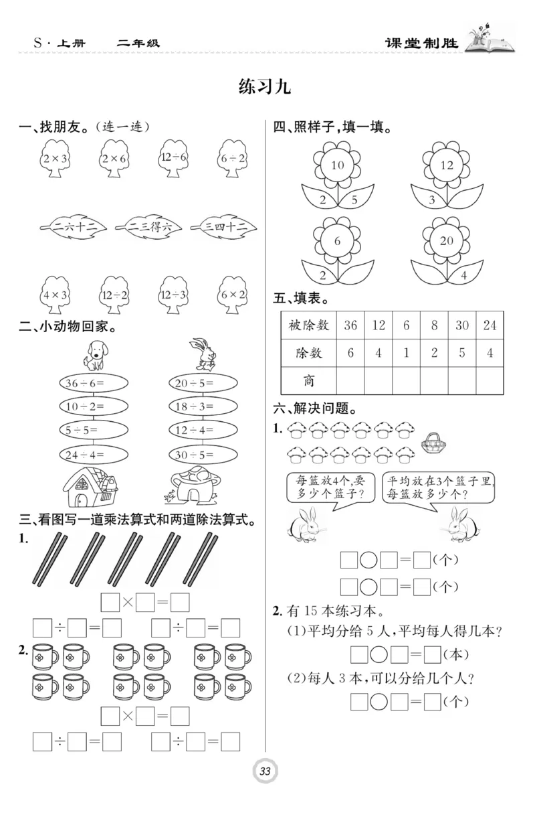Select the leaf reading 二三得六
[143, 227]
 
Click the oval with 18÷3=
[202, 406]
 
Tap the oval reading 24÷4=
[93, 454]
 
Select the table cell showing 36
[350, 325]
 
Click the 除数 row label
[308, 353]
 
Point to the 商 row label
[308, 380]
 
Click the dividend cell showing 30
[461, 325]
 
